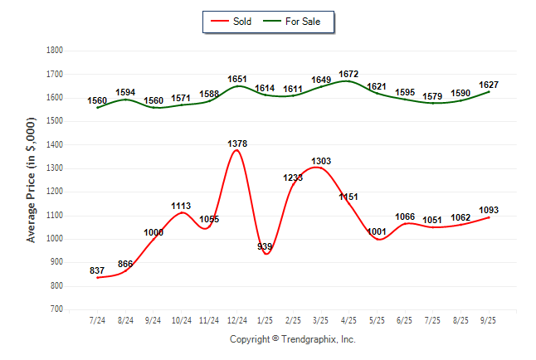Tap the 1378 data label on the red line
tap(237, 144)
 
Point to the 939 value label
tap(266, 246)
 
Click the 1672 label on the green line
tap(348, 75)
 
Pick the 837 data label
tap(97, 270)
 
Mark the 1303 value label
tap(321, 161)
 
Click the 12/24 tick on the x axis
tap(237, 319)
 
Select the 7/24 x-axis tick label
tap(97, 319)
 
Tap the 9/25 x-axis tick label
tap(490, 319)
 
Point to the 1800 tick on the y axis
tap(55, 51)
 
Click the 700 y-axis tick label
tap(57, 309)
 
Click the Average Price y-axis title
tap(32, 179)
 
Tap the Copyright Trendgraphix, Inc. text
tap(292, 339)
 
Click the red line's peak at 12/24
tap(237, 150)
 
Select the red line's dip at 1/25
tap(266, 254)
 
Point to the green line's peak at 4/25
tap(348, 81)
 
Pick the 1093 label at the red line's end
tap(489, 210)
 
